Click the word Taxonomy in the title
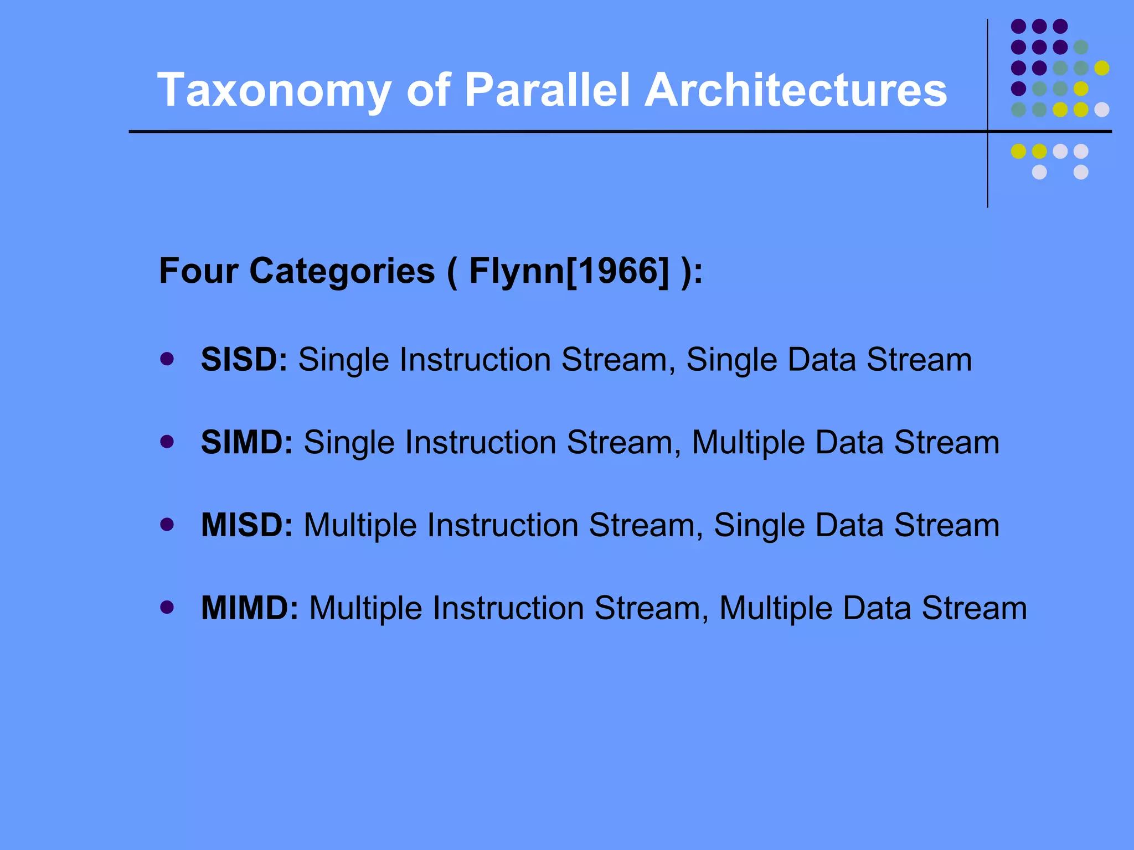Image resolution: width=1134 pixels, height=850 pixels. [x=274, y=90]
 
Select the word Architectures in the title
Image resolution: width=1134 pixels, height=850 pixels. [x=796, y=90]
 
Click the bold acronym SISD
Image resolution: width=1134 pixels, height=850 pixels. [x=244, y=360]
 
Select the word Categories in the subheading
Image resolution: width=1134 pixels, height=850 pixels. [x=342, y=271]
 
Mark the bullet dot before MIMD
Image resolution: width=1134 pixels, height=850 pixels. [x=167, y=608]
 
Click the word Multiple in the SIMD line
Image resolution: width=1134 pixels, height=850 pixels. [x=748, y=443]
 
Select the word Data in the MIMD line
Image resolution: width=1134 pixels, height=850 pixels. [x=877, y=608]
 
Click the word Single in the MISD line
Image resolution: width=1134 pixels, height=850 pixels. [x=759, y=525]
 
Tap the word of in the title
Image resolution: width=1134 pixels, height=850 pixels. [x=428, y=90]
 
